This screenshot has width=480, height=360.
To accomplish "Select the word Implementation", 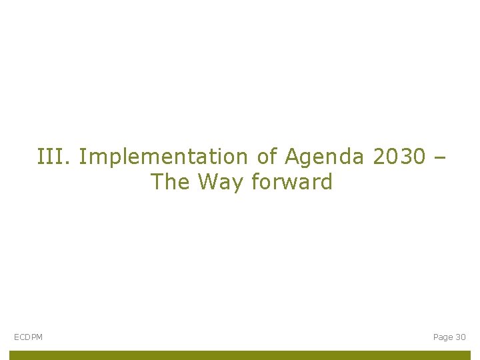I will tap(163, 157).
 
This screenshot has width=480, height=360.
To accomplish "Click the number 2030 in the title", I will tap(399, 157).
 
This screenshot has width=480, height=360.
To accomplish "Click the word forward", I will tap(291, 181).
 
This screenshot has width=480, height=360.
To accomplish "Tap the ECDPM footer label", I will tap(28, 337).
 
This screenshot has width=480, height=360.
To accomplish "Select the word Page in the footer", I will tap(443, 337).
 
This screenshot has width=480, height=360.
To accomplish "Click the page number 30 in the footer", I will tap(461, 337).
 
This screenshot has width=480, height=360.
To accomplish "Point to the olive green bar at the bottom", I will tap(240, 355).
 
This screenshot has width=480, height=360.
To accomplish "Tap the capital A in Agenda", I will tap(292, 157).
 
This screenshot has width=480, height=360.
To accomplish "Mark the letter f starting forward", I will tap(255, 181).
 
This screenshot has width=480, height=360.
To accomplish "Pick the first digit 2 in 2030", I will tap(379, 157).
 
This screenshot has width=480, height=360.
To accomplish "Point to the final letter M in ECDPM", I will tap(39, 337).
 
